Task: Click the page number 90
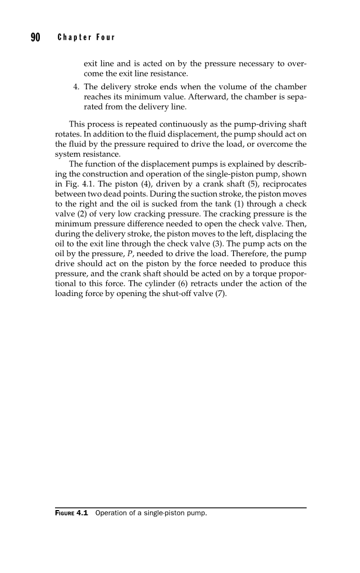coord(36,38)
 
